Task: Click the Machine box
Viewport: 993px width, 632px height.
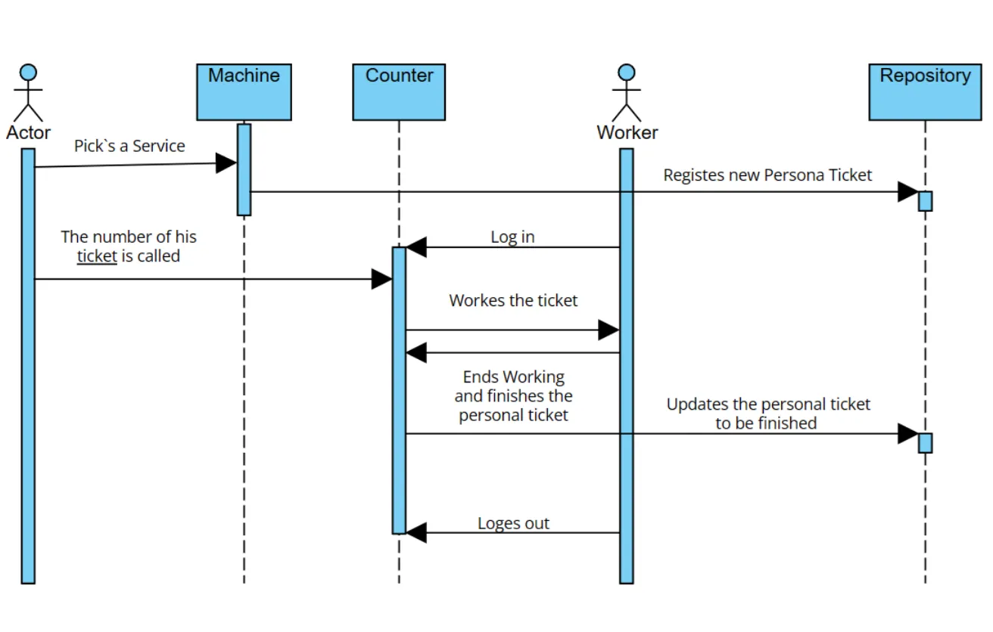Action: (244, 92)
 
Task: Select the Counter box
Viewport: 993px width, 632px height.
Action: (399, 92)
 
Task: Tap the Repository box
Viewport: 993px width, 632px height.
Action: (924, 92)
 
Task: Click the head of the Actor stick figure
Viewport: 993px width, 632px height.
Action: (28, 73)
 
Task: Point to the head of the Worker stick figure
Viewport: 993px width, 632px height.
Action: (626, 73)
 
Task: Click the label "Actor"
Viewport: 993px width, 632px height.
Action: (28, 132)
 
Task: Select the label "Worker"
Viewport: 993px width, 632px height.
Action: (627, 132)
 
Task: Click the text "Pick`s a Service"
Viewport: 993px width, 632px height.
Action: (129, 146)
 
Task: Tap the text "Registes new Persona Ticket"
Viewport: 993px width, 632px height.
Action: (767, 175)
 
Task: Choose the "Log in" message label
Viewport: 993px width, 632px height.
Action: (512, 237)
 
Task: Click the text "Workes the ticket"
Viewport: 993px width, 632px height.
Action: (513, 300)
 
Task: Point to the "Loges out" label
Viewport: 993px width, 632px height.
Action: (513, 523)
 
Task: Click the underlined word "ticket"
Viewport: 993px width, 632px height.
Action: (97, 256)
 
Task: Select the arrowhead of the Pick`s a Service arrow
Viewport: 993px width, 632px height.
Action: (226, 163)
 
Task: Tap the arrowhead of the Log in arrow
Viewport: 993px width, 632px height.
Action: (416, 247)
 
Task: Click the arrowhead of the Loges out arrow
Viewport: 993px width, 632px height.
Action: (416, 533)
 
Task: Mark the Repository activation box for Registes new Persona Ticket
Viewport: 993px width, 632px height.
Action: (925, 201)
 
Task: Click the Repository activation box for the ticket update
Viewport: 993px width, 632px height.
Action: (925, 443)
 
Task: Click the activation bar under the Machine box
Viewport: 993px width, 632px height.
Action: (244, 169)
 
